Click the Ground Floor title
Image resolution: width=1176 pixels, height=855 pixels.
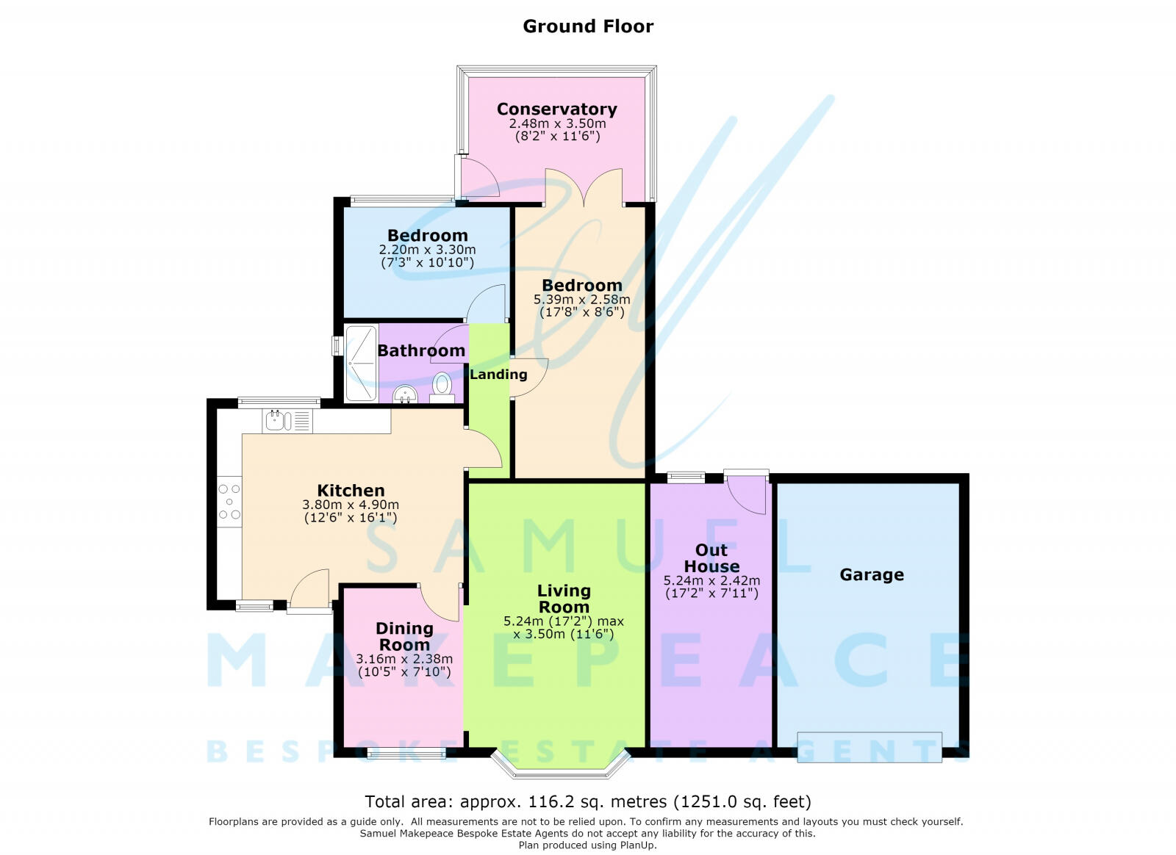click(x=588, y=26)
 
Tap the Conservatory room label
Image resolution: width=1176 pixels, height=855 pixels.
click(x=557, y=109)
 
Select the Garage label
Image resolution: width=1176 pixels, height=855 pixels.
click(x=872, y=575)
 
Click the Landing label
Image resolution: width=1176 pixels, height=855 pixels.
click(x=498, y=375)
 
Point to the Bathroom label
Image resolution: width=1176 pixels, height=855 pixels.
click(x=422, y=350)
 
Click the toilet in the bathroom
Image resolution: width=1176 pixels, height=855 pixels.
click(x=442, y=388)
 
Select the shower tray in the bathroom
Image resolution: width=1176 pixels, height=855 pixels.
click(x=361, y=364)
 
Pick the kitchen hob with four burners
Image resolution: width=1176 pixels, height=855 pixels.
click(x=229, y=502)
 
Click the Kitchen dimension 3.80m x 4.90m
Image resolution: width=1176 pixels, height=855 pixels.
click(x=351, y=505)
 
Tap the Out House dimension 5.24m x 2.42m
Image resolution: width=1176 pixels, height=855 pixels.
click(x=712, y=581)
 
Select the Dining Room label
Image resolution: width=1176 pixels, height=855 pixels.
click(x=404, y=636)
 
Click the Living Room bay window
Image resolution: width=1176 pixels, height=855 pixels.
click(x=560, y=764)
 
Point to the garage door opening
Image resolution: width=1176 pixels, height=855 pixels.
click(x=870, y=747)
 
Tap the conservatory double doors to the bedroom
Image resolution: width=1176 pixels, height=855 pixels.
click(x=584, y=187)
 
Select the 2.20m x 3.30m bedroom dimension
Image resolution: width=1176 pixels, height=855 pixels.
click(x=427, y=250)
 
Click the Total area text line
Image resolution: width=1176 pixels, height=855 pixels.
click(x=588, y=801)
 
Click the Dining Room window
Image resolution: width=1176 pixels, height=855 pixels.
click(x=406, y=754)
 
